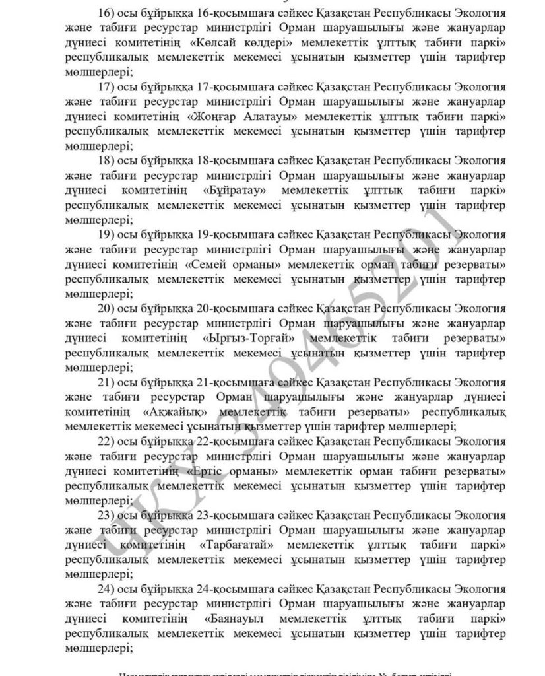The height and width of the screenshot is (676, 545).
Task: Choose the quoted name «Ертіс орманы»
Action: click(x=230, y=471)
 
